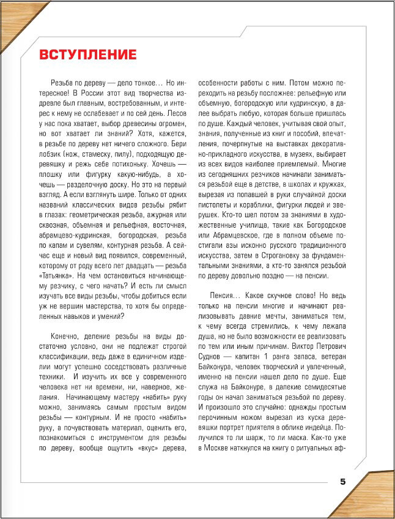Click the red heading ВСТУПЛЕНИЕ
coord(88,54)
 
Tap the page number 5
coord(343,482)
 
